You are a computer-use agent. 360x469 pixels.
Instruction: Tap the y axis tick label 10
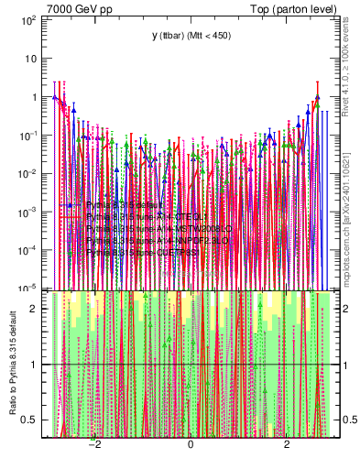click(x=31, y=58)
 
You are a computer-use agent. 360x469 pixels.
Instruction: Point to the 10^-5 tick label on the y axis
click(x=29, y=288)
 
